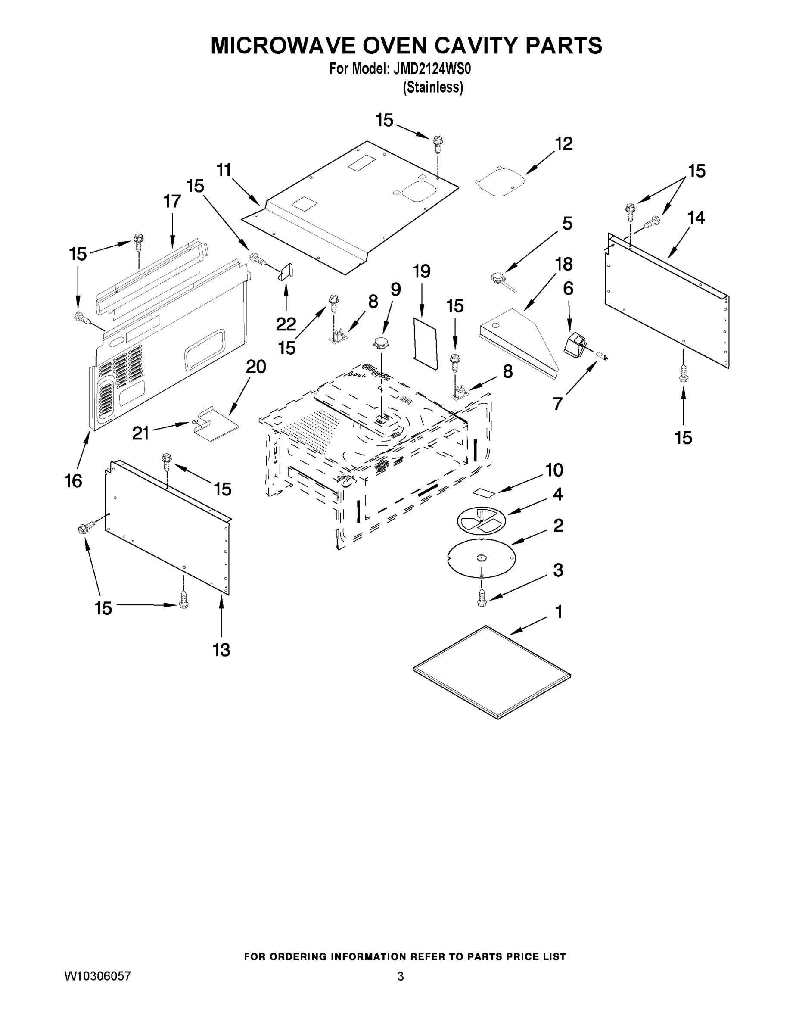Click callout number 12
[563, 144]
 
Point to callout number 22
[286, 324]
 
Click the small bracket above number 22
[286, 272]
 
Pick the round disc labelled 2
[481, 558]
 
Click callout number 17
[172, 201]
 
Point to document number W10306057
[97, 976]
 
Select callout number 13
[221, 650]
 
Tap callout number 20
[255, 367]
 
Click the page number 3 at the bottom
[401, 976]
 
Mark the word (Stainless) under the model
[432, 87]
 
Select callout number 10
[554, 470]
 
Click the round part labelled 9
[382, 343]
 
